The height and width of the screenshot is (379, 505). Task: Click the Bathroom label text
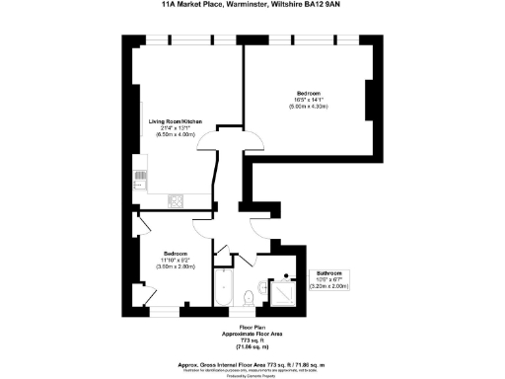(328, 272)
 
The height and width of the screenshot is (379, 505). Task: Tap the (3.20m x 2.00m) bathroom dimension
(328, 286)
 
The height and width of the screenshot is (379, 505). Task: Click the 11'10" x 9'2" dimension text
(179, 260)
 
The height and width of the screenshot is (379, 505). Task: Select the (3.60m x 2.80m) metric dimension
(179, 266)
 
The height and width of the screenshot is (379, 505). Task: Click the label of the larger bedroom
(308, 93)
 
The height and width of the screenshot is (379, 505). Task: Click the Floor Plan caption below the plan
(252, 327)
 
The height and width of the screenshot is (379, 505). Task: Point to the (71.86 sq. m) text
(252, 347)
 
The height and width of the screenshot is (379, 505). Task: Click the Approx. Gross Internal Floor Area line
(252, 363)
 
